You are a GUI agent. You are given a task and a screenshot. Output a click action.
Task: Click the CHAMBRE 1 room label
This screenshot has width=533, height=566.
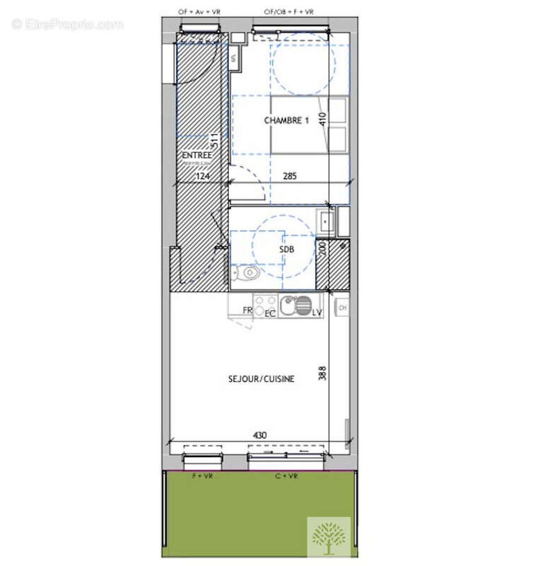point(286,121)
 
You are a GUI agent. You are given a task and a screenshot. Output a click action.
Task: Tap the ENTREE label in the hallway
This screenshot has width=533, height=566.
point(196,155)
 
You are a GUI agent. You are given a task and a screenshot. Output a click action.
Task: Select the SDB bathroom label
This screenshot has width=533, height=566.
point(286,249)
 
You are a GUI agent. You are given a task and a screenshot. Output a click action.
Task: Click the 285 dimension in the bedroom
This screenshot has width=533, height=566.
point(290,176)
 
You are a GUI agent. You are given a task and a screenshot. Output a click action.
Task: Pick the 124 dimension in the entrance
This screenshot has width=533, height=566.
point(204,176)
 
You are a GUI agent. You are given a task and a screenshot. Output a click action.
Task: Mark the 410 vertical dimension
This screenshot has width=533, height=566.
point(323,118)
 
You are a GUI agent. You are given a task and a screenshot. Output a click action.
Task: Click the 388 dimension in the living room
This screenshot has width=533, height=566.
point(323,374)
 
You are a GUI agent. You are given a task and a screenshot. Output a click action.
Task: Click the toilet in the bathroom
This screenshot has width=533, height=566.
point(248,272)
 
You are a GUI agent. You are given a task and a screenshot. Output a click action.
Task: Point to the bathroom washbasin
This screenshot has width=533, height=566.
point(326,222)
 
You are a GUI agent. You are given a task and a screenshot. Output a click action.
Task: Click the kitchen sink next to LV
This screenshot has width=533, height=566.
point(289,306)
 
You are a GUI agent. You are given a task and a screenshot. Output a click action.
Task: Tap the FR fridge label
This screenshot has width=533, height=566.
point(247,311)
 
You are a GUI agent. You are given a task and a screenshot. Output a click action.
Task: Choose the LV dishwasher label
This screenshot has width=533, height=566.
point(317,311)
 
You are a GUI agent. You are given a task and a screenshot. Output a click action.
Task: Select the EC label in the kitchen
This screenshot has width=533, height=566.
point(270,312)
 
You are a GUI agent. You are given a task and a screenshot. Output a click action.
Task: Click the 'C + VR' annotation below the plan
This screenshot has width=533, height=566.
point(286,477)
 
